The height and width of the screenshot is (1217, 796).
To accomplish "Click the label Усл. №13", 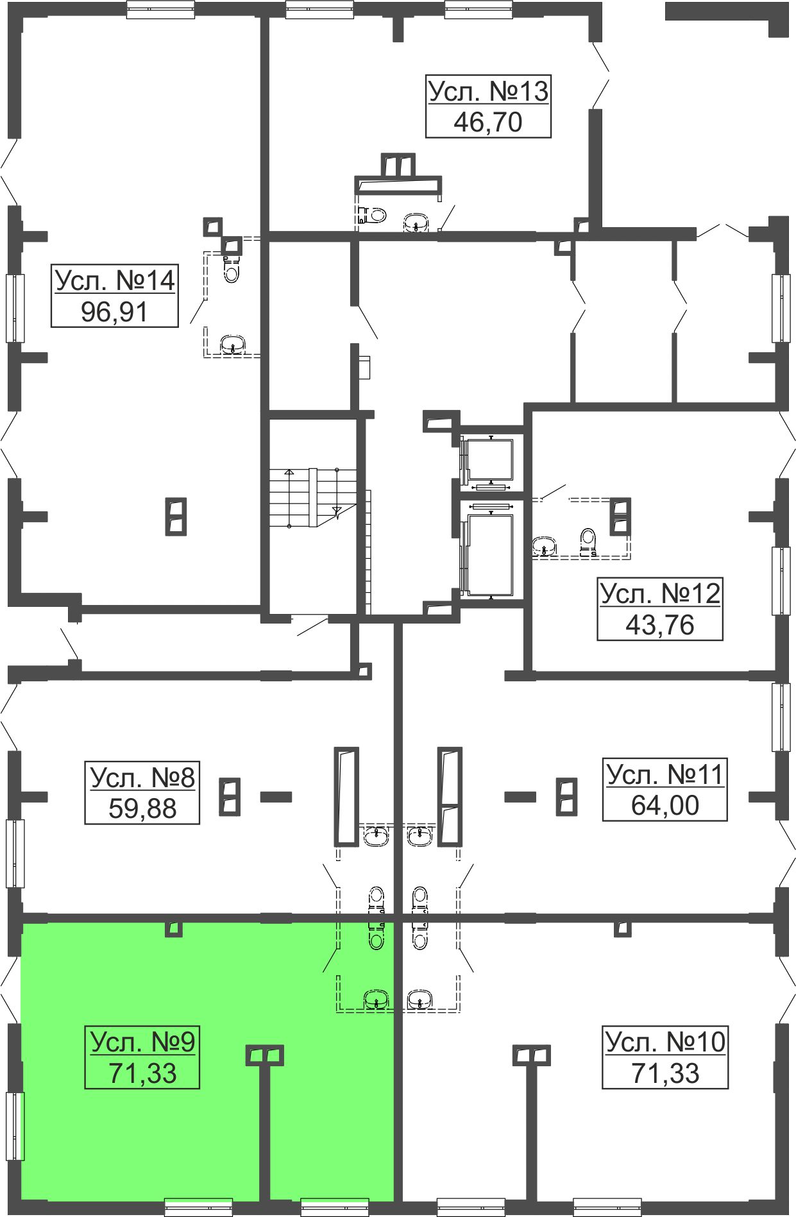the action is pos(488,91).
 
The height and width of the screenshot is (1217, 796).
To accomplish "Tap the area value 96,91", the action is pos(115,312).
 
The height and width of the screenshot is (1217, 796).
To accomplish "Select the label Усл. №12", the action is pos(660,593).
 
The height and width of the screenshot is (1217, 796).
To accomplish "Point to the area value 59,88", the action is pos(142,808).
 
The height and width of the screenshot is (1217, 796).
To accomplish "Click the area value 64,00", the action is pos(665,805).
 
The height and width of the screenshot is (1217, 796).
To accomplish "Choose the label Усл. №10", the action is pos(665,1042).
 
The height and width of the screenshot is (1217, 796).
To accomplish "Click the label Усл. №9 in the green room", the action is pos(142,1042).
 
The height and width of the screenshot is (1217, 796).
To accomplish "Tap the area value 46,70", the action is pos(488,122).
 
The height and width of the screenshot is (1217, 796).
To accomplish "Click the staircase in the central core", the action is pos(312,498).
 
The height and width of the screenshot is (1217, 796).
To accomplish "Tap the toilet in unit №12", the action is pos(588,541).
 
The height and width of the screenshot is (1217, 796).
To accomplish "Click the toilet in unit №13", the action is pos(375,214).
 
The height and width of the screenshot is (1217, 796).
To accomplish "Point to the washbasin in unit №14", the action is pos(232,345).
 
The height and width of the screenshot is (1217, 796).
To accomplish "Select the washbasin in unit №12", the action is pos(544,547).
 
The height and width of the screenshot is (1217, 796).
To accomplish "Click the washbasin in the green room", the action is pos(376,1000).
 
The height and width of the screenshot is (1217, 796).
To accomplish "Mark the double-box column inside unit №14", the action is pos(176,516).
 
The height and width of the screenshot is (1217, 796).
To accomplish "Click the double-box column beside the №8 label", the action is pos(230,797).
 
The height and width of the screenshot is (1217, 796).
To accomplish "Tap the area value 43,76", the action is pos(660,624).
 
